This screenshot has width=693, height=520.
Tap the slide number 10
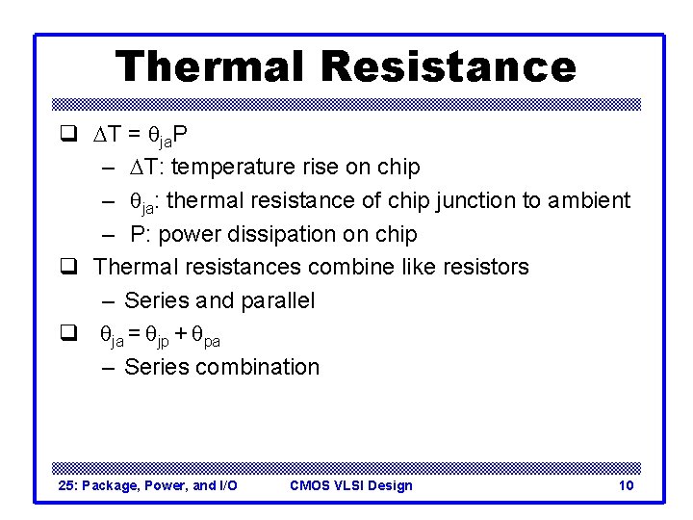point(626,485)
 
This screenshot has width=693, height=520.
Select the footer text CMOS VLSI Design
point(350,485)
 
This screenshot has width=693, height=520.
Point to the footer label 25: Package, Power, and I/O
point(148,485)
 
